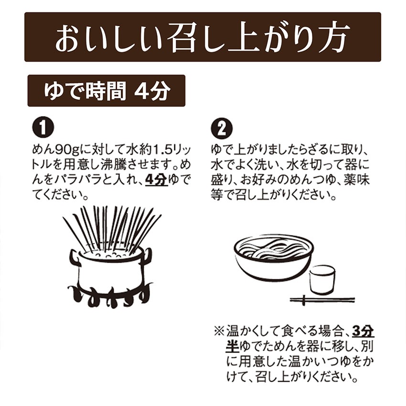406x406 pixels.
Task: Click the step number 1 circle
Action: tap(43, 128)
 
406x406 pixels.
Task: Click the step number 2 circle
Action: tap(222, 128)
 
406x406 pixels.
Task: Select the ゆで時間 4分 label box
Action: tap(106, 90)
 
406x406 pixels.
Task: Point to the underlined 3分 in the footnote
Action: tap(362, 331)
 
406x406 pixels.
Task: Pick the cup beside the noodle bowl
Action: tap(321, 279)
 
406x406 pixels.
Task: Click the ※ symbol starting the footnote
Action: tap(218, 331)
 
